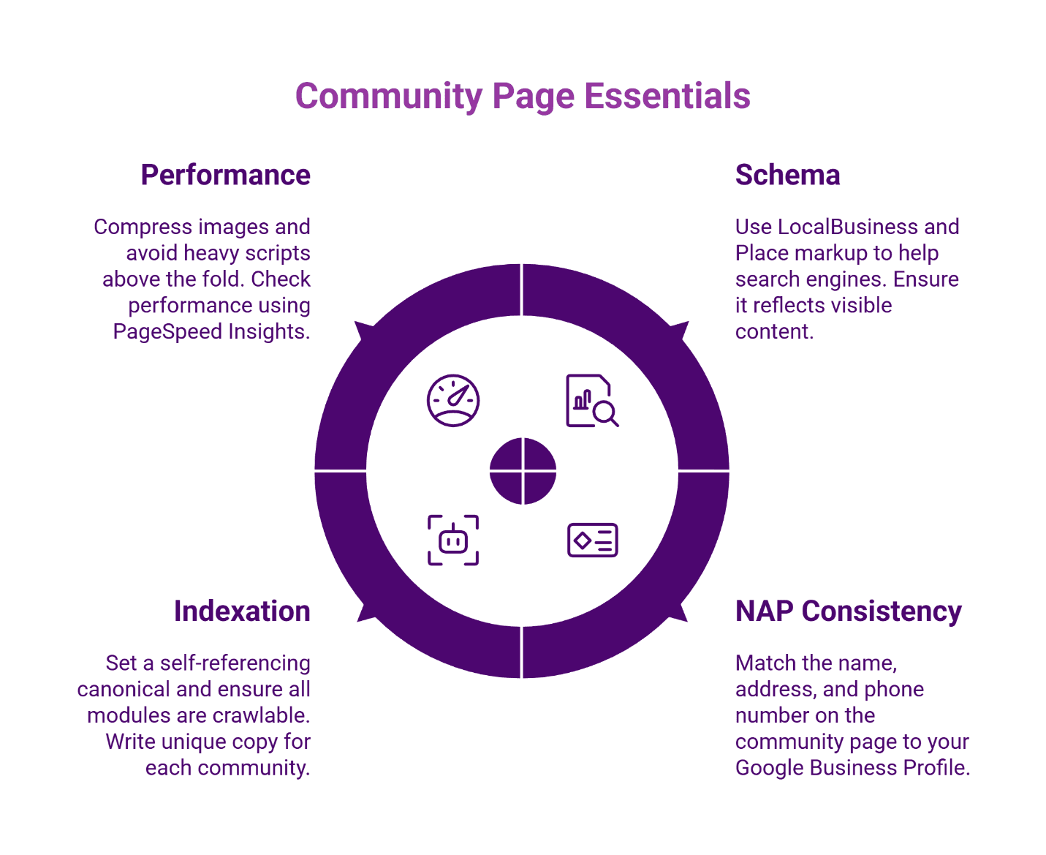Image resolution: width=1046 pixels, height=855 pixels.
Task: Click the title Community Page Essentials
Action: tap(523, 96)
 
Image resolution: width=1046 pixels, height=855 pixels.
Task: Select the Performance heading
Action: tap(225, 176)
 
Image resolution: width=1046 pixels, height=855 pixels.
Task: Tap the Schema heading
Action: tap(787, 176)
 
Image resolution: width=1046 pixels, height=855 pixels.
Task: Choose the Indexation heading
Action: tap(242, 611)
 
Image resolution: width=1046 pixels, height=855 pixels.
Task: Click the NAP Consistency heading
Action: tap(848, 611)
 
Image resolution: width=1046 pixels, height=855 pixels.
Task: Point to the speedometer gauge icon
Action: tap(453, 401)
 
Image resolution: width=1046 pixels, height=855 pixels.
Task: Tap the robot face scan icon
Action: tap(453, 541)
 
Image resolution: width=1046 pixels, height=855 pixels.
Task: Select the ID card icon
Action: tap(592, 541)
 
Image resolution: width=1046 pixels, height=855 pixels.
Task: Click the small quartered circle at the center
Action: tap(523, 471)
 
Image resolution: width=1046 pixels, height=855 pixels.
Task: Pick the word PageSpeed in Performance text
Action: tap(167, 332)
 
